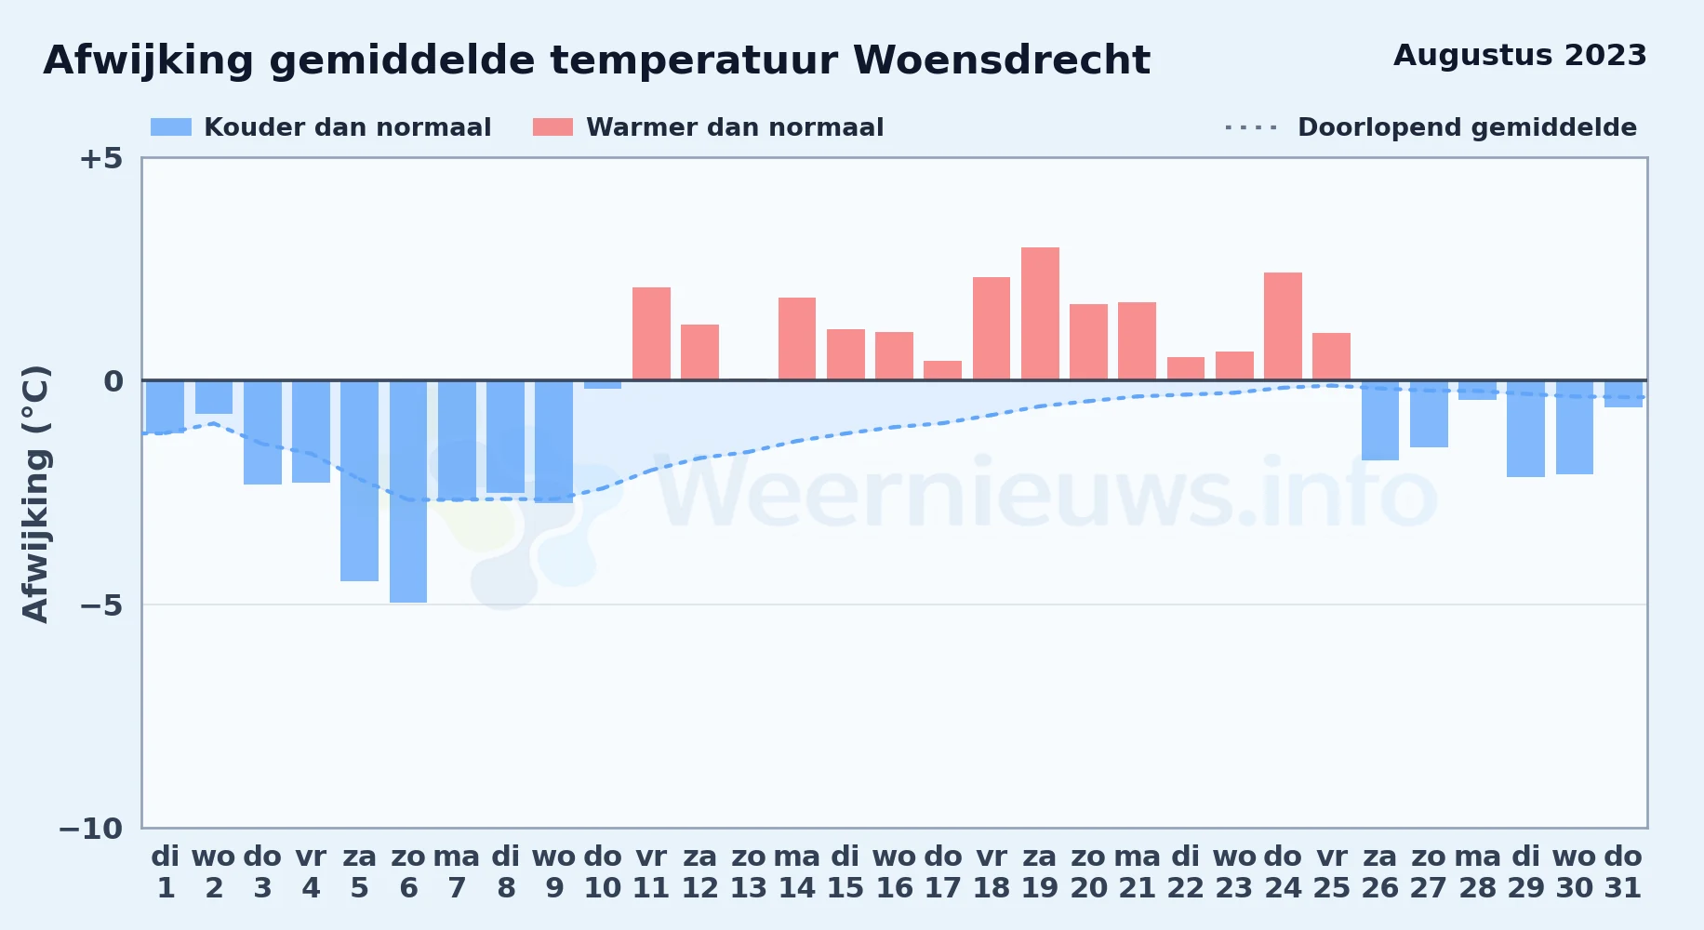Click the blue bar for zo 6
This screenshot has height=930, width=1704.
[408, 491]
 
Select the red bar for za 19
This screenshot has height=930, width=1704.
[1040, 313]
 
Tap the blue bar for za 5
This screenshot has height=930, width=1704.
[359, 481]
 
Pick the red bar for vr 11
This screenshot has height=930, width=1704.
[651, 334]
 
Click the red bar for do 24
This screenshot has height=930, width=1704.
[1283, 326]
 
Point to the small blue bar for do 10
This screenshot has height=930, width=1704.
[603, 384]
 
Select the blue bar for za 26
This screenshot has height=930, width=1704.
[1380, 420]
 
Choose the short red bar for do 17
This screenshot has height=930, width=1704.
[942, 370]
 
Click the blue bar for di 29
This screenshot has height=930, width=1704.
[1525, 429]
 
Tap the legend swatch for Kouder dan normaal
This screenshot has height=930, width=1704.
[171, 127]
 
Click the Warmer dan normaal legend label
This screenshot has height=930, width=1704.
[735, 127]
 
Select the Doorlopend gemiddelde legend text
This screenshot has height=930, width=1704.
[1467, 127]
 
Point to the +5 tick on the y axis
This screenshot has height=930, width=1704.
[100, 158]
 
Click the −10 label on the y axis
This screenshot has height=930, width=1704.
[91, 829]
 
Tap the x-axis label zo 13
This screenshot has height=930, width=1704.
[749, 872]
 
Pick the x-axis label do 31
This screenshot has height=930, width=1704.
[1623, 872]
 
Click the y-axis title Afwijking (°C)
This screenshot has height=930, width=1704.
[35, 493]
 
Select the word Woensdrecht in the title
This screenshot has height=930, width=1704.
[1002, 60]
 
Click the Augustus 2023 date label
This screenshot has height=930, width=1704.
[1520, 56]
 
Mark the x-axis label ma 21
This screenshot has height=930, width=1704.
[1137, 872]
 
